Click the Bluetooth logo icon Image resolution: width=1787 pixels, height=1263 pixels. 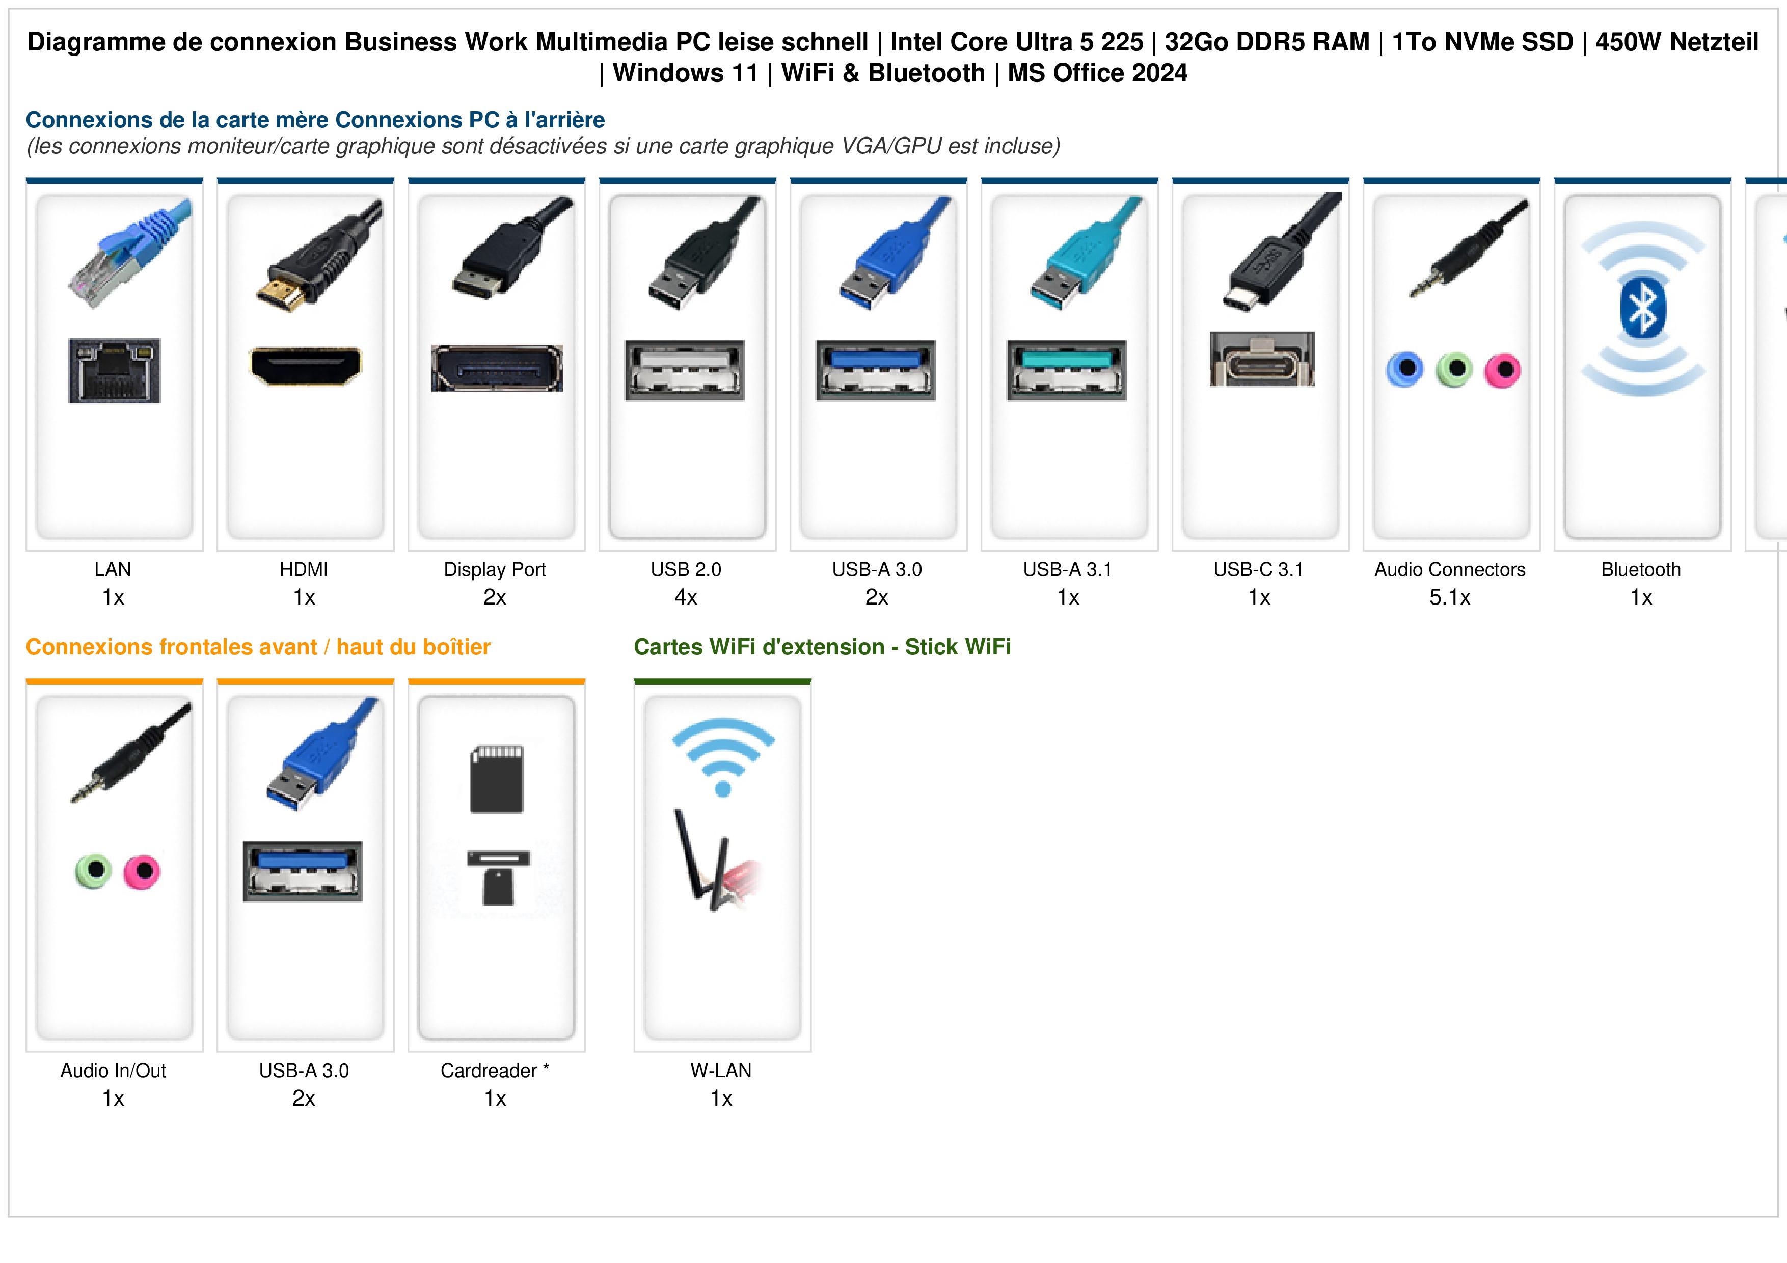click(x=1642, y=308)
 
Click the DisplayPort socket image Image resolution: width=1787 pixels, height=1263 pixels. click(x=497, y=368)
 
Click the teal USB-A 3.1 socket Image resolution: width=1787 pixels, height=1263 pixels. click(x=1067, y=370)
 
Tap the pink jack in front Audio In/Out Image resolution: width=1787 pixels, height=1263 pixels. click(x=142, y=871)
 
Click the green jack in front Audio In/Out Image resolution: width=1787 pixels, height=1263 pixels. click(x=93, y=871)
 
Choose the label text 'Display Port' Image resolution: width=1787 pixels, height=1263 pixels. click(x=495, y=570)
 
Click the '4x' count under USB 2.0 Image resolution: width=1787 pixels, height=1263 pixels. click(x=686, y=598)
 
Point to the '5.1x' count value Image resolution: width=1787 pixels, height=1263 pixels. click(x=1450, y=598)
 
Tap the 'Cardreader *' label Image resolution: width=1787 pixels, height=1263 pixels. click(x=495, y=1071)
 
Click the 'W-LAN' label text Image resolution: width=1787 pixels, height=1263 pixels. click(x=721, y=1071)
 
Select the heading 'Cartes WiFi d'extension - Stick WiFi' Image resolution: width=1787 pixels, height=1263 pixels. click(x=823, y=647)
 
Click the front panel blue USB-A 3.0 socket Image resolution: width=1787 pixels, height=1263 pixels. click(x=303, y=871)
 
